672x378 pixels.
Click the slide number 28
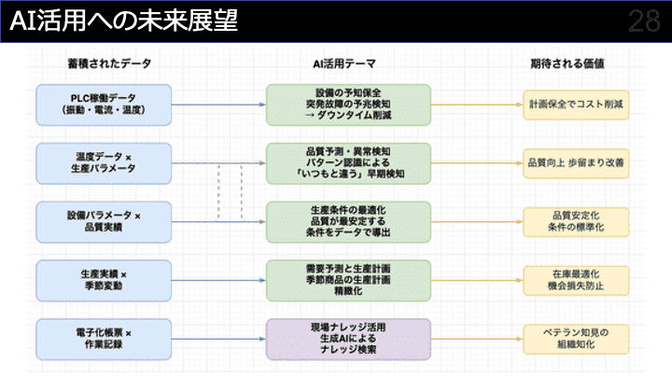(643, 21)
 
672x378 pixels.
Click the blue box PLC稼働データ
(104, 104)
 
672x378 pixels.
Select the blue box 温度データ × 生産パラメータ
(104, 161)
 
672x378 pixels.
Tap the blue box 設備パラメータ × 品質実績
(104, 221)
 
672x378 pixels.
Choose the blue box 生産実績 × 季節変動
(104, 280)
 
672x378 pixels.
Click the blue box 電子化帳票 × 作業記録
(104, 338)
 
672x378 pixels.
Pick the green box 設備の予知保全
(348, 104)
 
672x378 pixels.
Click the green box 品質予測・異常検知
(348, 161)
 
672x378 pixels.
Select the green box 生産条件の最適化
(348, 221)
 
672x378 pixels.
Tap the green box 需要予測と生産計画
(348, 280)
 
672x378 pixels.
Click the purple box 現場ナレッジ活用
(348, 338)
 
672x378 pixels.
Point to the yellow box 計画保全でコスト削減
(575, 104)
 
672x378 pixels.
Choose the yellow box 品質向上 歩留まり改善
(575, 161)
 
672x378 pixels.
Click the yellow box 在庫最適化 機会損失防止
(575, 280)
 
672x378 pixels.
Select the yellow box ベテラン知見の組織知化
(575, 338)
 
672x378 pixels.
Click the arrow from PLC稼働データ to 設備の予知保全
(218, 104)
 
